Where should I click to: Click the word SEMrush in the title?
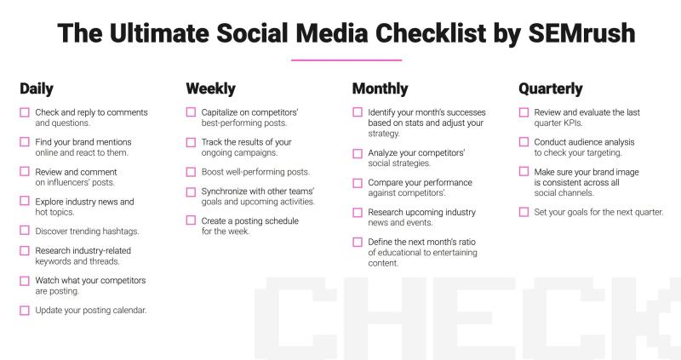(581, 33)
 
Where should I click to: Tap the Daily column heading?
(37, 89)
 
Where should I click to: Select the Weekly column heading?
(210, 89)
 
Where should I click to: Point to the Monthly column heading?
(380, 89)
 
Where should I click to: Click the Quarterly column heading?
(550, 89)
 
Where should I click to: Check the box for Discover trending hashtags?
(25, 231)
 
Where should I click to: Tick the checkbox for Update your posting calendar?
(25, 311)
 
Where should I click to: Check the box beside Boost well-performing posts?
(191, 172)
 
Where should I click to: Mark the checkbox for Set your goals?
(524, 212)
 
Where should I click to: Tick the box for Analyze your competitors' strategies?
(358, 154)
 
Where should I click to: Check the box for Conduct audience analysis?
(524, 142)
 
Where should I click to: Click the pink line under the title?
(346, 60)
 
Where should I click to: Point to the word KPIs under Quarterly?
(573, 123)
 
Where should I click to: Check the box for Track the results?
(191, 142)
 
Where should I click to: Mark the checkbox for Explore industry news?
(25, 201)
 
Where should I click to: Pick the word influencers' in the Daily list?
(68, 182)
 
